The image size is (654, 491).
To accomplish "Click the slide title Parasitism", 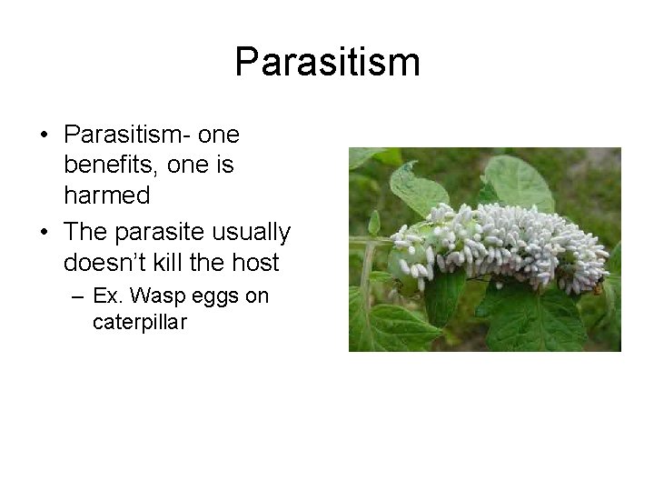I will tap(327, 62).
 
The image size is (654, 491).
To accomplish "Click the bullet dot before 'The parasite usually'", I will tap(45, 233).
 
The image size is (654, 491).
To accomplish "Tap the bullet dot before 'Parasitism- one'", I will tap(45, 135).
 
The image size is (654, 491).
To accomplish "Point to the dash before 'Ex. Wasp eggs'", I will tap(76, 297).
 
